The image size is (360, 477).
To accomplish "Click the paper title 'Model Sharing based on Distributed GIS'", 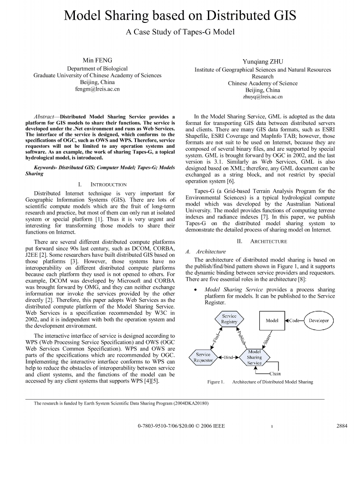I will click(x=180, y=16).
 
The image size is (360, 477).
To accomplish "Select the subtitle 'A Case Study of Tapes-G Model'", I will click(x=180, y=32).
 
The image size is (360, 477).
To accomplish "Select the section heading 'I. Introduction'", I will click(x=102, y=184).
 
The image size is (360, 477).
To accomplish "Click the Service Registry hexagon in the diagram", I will click(x=229, y=319).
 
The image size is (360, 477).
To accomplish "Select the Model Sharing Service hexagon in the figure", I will click(x=254, y=357).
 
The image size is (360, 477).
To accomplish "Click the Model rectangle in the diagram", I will click(x=272, y=321).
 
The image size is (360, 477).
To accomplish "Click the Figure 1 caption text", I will click(x=260, y=382).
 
